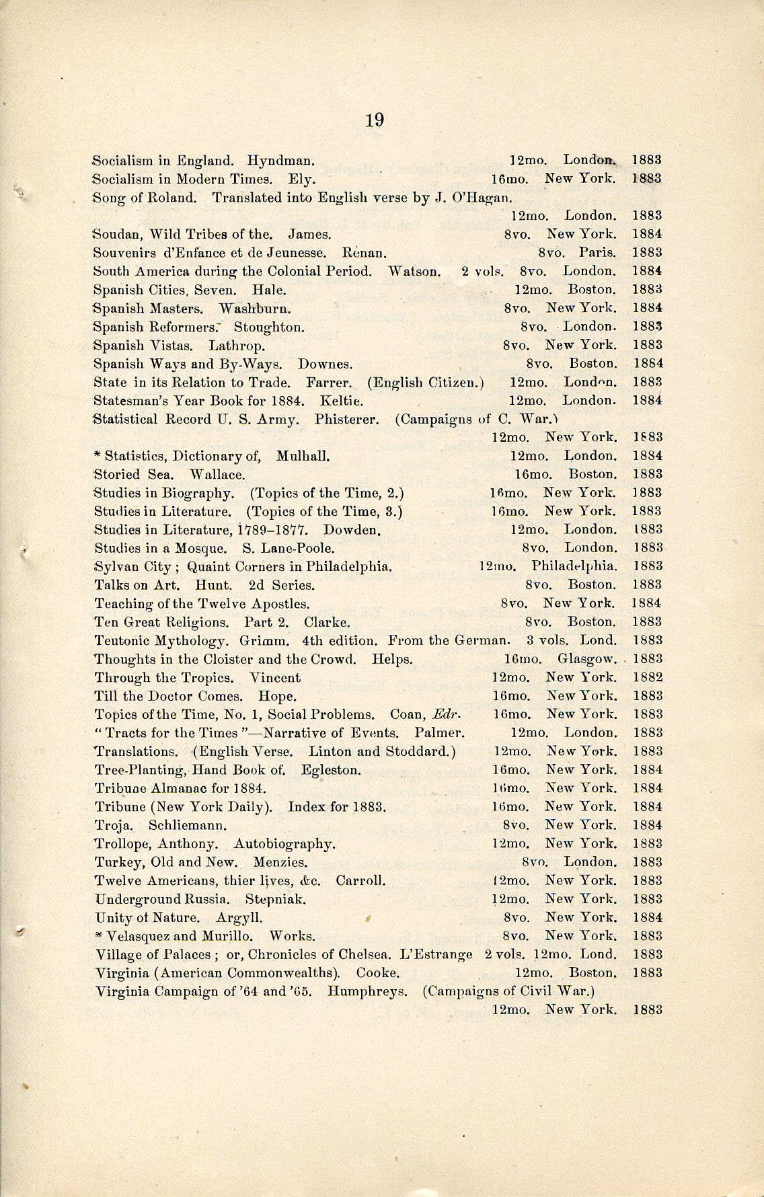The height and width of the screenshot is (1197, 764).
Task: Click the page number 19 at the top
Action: pos(375,120)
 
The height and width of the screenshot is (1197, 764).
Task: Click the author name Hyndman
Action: pos(280,161)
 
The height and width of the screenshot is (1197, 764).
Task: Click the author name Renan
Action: pos(364,253)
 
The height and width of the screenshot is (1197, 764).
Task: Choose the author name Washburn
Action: pos(256,308)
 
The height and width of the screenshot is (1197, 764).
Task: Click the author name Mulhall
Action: pos(303,456)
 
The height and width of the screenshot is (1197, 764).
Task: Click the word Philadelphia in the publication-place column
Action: pos(574,566)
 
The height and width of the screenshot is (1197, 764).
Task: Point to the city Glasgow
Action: pos(587,659)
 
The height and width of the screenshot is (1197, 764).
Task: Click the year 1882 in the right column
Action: pos(648,677)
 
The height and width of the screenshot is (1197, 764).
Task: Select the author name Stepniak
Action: pos(276,899)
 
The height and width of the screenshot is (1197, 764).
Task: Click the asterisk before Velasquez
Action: pos(99,935)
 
